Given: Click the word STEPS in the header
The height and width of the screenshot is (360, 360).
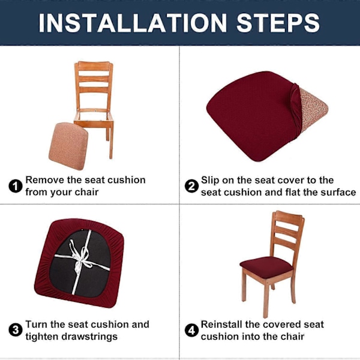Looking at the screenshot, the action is point(278,23).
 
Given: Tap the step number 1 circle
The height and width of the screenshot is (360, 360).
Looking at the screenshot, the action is point(16,186).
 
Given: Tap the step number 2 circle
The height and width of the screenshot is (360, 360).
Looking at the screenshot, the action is point(191,186).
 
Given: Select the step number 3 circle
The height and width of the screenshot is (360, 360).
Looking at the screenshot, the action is point(16,331).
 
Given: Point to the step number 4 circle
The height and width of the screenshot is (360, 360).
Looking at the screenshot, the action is point(191,331).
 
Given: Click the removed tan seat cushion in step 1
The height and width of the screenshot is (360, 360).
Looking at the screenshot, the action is point(68,146).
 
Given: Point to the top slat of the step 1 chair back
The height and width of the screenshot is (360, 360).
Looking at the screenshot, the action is point(94,67).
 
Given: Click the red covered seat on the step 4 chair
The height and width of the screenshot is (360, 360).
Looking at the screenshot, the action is point(266,267).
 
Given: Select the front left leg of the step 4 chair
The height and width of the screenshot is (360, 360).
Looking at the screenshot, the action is point(266,298).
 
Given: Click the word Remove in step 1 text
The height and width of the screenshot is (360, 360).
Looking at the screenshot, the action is point(45,180).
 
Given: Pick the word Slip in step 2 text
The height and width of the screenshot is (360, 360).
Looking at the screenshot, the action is point(210,181).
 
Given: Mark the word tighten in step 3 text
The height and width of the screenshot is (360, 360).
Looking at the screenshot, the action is point(42,337).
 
